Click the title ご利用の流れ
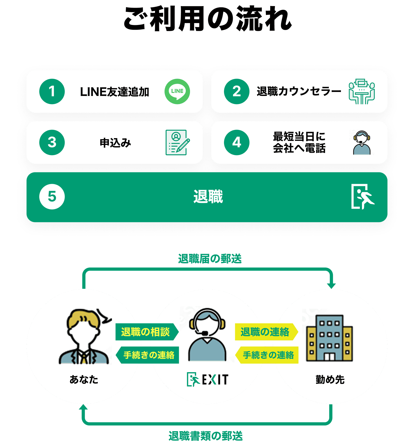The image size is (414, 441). pyautogui.click(x=208, y=19)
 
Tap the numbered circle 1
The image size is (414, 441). pyautogui.click(x=52, y=91)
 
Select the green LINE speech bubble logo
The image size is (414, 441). pyautogui.click(x=177, y=91)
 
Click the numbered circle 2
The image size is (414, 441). pyautogui.click(x=236, y=91)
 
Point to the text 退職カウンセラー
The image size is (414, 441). pyautogui.click(x=299, y=91)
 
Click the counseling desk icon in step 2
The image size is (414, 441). pyautogui.click(x=362, y=91)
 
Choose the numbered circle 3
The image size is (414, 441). pyautogui.click(x=52, y=142)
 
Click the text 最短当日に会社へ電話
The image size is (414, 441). pyautogui.click(x=299, y=142)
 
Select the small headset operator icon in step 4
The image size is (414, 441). pyautogui.click(x=362, y=143)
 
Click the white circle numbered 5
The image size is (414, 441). pyautogui.click(x=52, y=197)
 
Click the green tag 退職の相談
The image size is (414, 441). pyautogui.click(x=146, y=332)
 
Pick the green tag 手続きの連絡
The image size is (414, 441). pyautogui.click(x=148, y=355)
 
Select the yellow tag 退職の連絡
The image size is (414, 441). pyautogui.click(x=265, y=332)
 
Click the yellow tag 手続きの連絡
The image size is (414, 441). pyautogui.click(x=268, y=355)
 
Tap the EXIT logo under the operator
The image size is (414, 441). pyautogui.click(x=208, y=379)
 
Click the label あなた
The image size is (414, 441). pyautogui.click(x=84, y=380)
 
